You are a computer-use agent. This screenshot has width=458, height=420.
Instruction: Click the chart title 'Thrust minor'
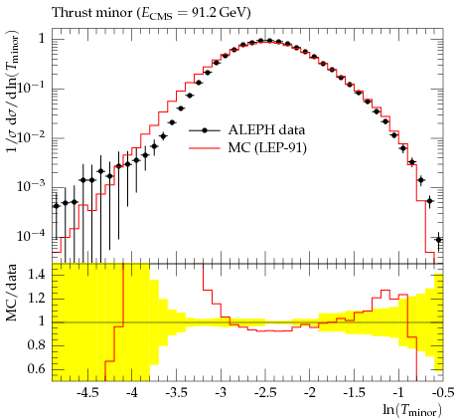92,13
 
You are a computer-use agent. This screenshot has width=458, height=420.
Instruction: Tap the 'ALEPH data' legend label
266,130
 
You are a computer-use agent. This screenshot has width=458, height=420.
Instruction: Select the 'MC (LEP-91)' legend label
267,148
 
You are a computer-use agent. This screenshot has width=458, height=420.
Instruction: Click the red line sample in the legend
205,148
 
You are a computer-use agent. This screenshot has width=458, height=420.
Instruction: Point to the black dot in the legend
205,130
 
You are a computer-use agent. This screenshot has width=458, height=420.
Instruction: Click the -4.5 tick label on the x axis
87,393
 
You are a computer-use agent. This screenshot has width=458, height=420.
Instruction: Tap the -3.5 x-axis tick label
177,393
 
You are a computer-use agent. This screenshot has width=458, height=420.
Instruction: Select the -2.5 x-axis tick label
265,393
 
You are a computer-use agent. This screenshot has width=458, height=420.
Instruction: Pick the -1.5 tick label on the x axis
354,393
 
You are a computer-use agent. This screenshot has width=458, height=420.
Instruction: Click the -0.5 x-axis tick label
443,393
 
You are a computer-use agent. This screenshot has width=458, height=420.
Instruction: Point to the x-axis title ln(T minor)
412,410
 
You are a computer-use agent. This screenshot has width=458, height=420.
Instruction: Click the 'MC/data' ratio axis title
11,293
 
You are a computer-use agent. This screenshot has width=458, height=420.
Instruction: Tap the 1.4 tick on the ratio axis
36,275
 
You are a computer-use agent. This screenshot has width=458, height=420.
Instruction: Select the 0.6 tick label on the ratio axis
36,369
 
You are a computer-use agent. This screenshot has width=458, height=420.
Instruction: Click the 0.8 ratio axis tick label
36,345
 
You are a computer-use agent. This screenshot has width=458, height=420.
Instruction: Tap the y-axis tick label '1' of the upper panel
41,39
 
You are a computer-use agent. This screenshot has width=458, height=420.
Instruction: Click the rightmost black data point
439,240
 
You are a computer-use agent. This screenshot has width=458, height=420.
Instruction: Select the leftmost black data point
57,206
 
